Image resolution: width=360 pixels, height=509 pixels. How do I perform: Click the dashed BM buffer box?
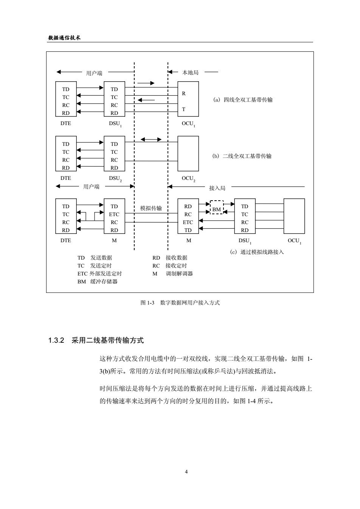217,201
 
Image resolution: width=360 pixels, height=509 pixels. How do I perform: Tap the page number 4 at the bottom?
186,472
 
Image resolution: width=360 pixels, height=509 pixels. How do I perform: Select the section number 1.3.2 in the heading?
56,340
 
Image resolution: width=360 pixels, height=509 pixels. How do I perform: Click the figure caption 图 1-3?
147,303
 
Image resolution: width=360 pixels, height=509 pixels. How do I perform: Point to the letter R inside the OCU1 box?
184,93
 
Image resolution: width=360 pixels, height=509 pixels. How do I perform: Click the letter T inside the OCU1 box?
183,109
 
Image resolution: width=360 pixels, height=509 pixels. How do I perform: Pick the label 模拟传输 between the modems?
151,208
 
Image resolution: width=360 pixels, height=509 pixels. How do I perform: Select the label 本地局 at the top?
190,73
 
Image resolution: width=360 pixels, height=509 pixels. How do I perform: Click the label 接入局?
217,188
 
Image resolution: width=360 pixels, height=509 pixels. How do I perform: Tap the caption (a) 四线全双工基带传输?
243,100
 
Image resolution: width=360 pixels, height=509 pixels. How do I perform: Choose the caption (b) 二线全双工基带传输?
242,156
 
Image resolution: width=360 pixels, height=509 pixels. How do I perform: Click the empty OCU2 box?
188,136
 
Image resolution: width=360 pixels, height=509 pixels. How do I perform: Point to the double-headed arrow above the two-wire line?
151,139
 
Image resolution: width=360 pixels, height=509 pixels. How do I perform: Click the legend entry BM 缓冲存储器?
98,282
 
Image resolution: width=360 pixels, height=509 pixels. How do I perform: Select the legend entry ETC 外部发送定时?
99,274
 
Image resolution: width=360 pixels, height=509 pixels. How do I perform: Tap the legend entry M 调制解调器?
172,274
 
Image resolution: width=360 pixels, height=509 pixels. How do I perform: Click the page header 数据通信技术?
64,38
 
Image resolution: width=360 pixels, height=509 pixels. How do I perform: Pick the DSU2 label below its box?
115,179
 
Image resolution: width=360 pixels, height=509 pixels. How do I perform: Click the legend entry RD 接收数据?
170,258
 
